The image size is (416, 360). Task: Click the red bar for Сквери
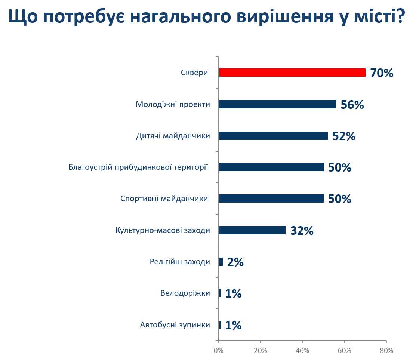coord(292,73)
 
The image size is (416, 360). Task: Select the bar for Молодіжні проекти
coord(277,104)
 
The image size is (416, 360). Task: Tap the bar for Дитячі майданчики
coord(273,136)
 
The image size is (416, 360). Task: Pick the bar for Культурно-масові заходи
coord(252,230)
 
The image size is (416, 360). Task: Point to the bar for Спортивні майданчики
coord(271,199)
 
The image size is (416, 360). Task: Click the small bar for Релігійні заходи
coord(221,262)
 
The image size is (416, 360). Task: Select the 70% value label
coord(382,73)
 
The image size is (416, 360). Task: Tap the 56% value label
coord(352,105)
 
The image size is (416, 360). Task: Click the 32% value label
coord(302,231)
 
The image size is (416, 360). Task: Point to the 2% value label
coord(235,262)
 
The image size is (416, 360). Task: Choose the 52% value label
coord(344,136)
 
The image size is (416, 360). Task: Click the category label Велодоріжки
coord(185,293)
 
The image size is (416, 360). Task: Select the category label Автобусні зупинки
coord(175,325)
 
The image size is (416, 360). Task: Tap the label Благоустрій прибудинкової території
coord(138,167)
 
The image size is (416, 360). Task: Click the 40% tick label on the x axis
coord(302,350)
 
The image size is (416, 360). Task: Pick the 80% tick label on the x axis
coord(386,350)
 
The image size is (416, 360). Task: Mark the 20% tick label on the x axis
coord(261,350)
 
